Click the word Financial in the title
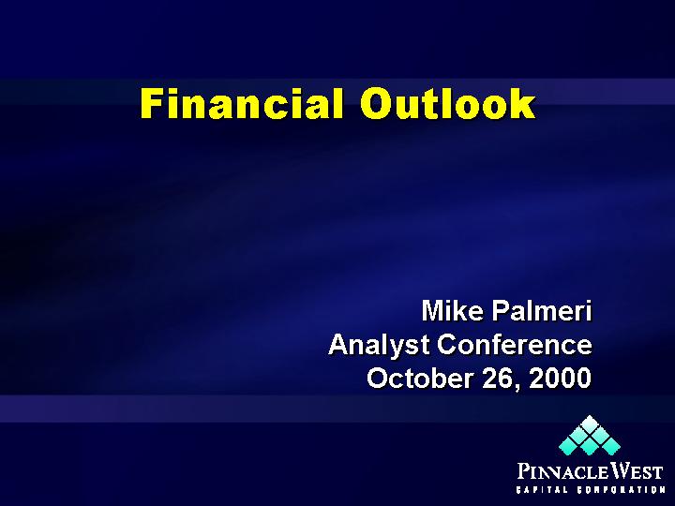point(242,103)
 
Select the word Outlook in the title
point(447,103)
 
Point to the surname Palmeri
point(542,310)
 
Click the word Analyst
point(379,345)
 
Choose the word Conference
point(515,345)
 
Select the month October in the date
point(420,378)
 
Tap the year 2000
point(560,378)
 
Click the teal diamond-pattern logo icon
point(590,435)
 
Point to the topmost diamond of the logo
point(590,423)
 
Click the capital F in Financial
point(152,103)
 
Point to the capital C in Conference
point(448,345)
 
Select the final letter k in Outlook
point(523,103)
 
